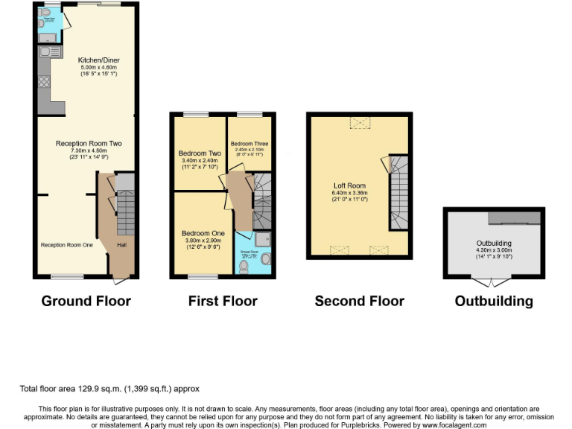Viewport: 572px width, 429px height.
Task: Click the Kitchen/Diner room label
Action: pyautogui.click(x=99, y=60)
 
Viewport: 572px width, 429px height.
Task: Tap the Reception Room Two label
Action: pyautogui.click(x=89, y=143)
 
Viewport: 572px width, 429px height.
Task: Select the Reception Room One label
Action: pyautogui.click(x=67, y=244)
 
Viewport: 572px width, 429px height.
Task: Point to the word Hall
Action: pyautogui.click(x=121, y=244)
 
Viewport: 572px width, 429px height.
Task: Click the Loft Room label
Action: pyautogui.click(x=349, y=185)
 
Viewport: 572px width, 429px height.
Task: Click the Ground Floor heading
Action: pyautogui.click(x=86, y=301)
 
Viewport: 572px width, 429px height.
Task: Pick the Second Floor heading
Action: pyautogui.click(x=359, y=301)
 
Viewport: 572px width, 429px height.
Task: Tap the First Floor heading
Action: pyautogui.click(x=223, y=301)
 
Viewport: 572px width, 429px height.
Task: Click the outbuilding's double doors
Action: pyautogui.click(x=493, y=282)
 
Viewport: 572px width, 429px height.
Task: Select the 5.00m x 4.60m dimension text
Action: pyautogui.click(x=98, y=68)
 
